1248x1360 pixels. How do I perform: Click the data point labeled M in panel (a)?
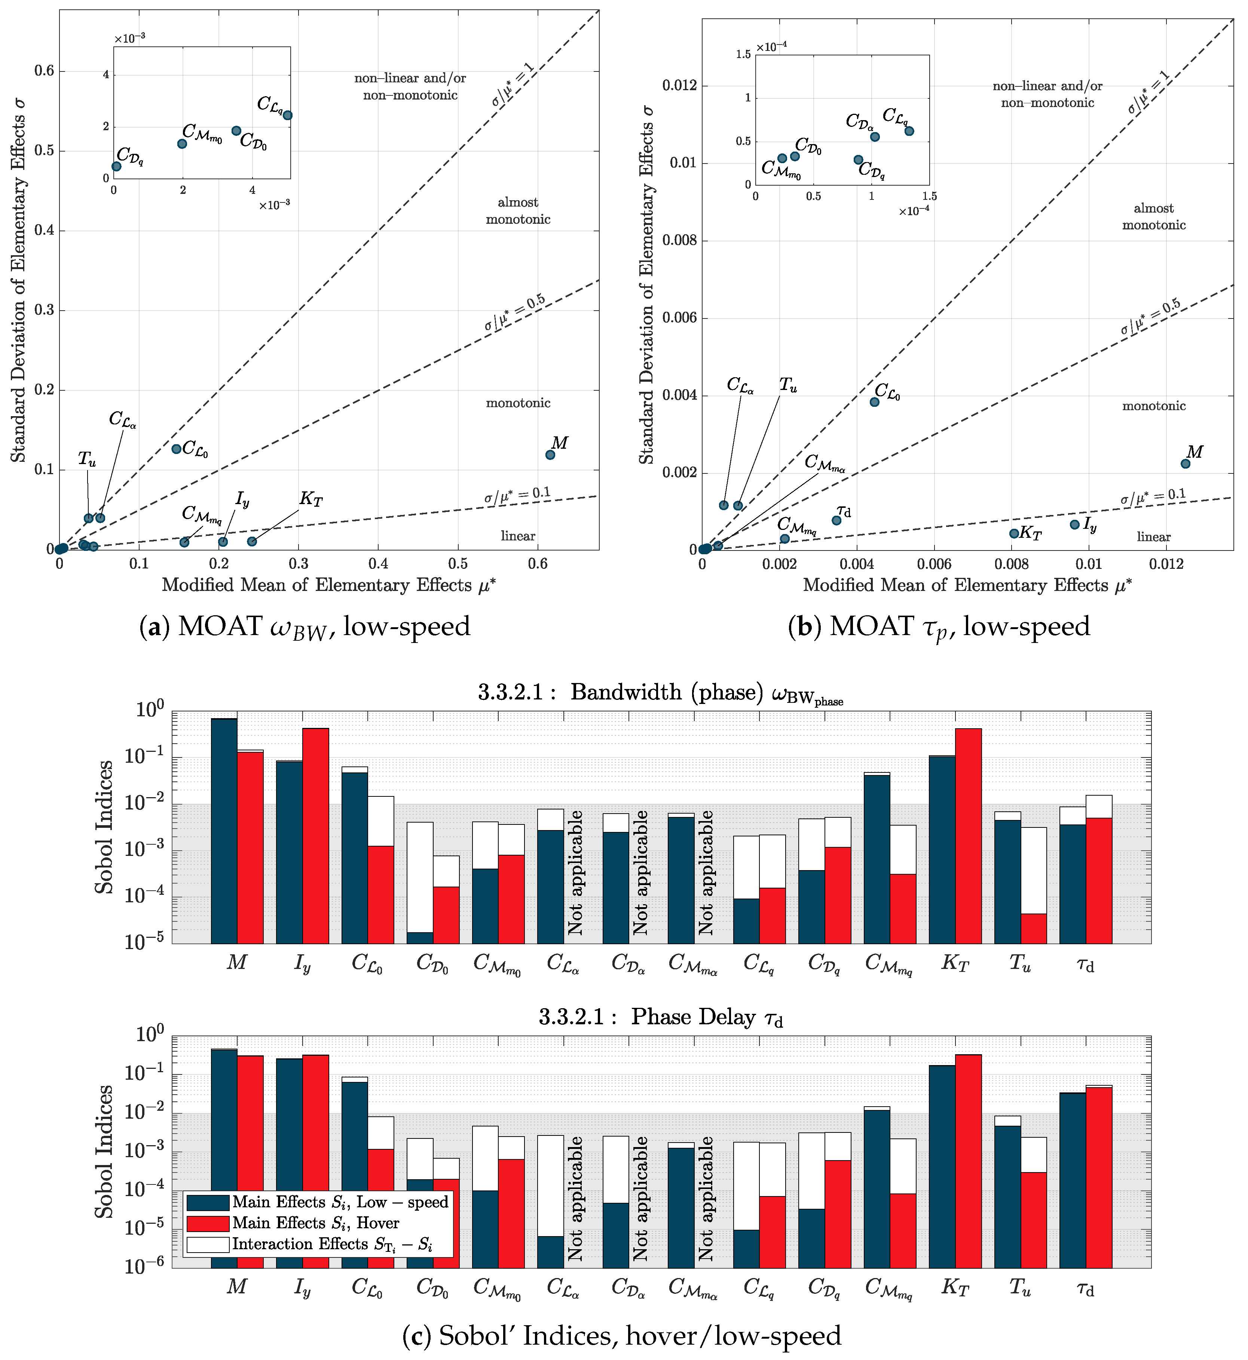(550, 455)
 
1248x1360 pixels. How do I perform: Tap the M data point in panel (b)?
(1185, 463)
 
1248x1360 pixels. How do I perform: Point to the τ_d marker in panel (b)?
(837, 520)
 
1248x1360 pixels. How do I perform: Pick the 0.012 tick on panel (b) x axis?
(1166, 564)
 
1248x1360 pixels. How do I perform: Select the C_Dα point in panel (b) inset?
(875, 137)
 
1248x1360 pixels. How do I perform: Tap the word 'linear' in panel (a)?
(518, 536)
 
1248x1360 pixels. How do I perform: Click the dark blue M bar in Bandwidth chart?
(224, 831)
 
